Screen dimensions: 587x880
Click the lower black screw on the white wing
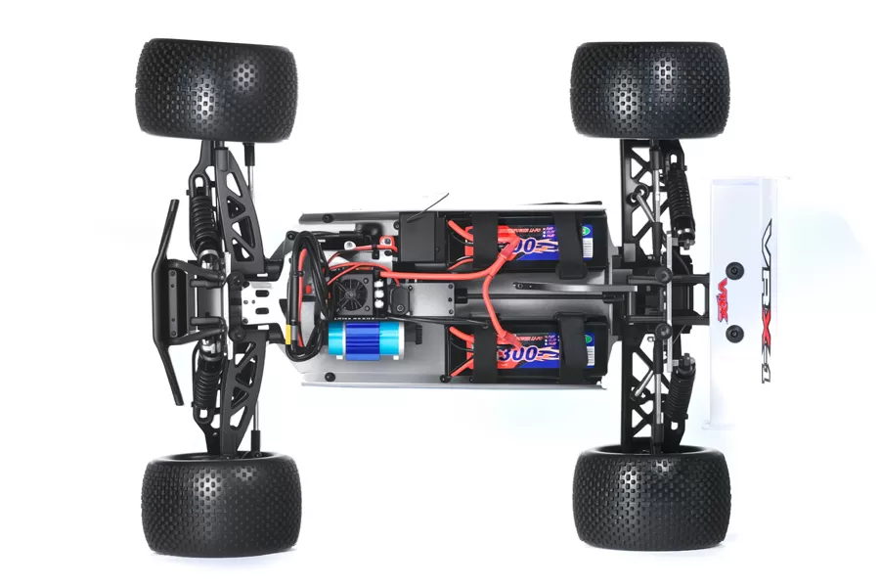click(734, 333)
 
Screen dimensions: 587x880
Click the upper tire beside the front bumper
click(217, 89)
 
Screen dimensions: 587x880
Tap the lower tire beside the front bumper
click(221, 503)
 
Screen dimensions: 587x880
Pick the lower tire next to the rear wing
click(650, 499)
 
